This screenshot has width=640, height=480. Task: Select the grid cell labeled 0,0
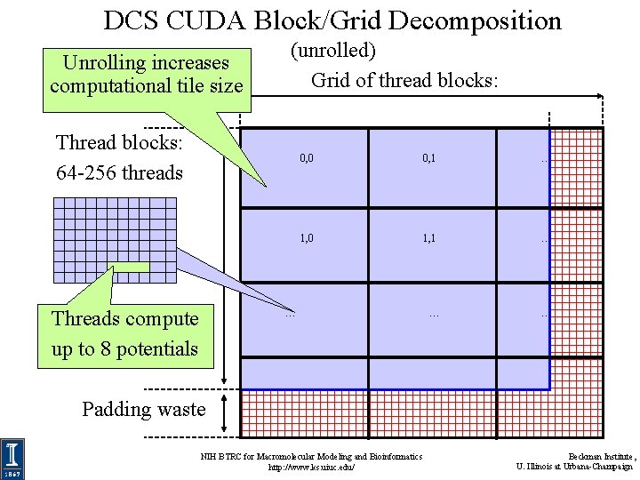coord(306,158)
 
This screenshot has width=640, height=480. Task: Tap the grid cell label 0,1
coord(428,158)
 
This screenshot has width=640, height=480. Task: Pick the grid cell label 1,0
coord(306,238)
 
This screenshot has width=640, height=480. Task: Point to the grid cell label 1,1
coord(428,238)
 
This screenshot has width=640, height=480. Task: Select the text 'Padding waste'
coord(143,409)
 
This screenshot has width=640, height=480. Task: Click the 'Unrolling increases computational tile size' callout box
coord(147,75)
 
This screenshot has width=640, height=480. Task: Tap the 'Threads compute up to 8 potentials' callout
coord(125,333)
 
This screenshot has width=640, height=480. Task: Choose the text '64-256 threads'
coord(119,172)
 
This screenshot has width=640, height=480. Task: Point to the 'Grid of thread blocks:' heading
coord(404,80)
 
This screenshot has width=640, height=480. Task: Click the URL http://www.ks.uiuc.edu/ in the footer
coord(311,467)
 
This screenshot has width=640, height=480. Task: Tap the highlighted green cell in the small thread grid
coord(131,267)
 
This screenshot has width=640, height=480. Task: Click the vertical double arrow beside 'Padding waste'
coord(229,410)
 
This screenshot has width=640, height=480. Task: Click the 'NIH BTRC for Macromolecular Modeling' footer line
coord(311,456)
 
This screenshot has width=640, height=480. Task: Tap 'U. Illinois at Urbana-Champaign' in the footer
coord(574,467)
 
